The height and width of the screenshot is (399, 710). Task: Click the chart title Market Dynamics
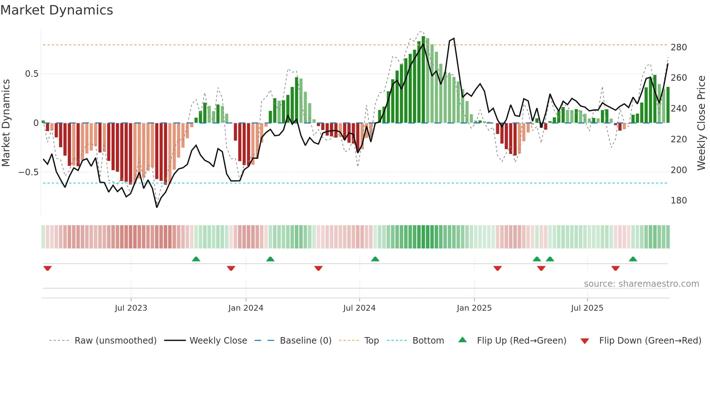[57, 10]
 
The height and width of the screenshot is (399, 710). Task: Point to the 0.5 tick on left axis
[32, 74]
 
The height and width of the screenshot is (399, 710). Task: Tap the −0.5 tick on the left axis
[29, 172]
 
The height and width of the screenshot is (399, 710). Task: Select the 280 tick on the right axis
[678, 47]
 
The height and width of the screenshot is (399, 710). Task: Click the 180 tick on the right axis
[678, 201]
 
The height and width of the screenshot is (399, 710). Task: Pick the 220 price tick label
[678, 139]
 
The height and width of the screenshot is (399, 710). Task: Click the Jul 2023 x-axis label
[131, 308]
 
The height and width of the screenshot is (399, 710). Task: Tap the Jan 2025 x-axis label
[474, 308]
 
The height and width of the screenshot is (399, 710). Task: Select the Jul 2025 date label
[587, 308]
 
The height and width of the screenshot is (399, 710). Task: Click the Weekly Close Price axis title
[701, 123]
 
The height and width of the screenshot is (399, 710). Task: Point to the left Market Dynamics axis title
[6, 123]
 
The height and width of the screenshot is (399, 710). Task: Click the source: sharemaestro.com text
[641, 284]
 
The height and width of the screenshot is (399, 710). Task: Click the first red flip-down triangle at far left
[47, 268]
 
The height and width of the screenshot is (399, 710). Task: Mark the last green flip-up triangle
[633, 259]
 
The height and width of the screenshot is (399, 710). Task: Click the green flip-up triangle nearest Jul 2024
[375, 259]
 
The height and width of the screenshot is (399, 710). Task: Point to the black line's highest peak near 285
[454, 38]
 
